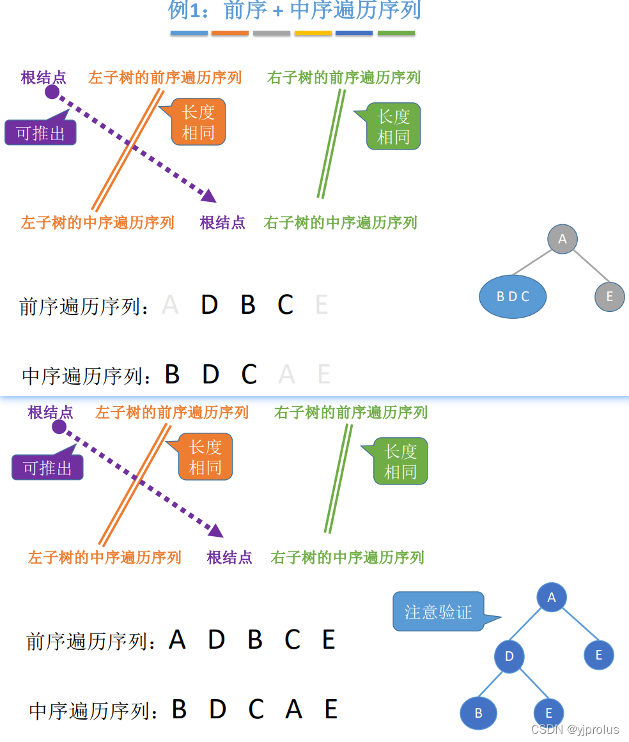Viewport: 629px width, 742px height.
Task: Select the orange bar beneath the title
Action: pyautogui.click(x=229, y=33)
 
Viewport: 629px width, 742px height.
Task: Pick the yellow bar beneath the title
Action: pyautogui.click(x=313, y=33)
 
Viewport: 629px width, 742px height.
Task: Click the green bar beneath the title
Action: pyautogui.click(x=396, y=33)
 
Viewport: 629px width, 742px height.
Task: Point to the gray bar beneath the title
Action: pyautogui.click(x=272, y=33)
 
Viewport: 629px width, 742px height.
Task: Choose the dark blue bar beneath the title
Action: pyautogui.click(x=354, y=33)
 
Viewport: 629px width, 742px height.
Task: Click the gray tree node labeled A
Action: pyautogui.click(x=563, y=239)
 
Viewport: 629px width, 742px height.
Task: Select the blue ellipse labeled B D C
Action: pyautogui.click(x=513, y=297)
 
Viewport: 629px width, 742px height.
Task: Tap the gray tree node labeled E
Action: pyautogui.click(x=609, y=297)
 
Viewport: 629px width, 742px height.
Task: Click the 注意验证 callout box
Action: pyautogui.click(x=439, y=612)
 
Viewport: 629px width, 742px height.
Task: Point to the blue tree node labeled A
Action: pyautogui.click(x=552, y=598)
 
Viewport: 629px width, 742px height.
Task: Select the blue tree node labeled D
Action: pyautogui.click(x=509, y=656)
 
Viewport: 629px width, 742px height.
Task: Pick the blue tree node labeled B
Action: pyautogui.click(x=478, y=713)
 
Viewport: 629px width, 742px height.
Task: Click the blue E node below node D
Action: pyautogui.click(x=548, y=713)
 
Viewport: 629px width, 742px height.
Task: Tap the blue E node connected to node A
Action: pyautogui.click(x=599, y=655)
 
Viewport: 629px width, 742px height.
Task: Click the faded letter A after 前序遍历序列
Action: pyautogui.click(x=170, y=305)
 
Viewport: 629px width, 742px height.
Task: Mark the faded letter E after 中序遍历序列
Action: pyautogui.click(x=324, y=375)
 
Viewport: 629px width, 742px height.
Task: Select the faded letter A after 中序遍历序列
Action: pyautogui.click(x=287, y=375)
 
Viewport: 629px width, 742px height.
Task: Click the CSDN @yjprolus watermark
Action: pyautogui.click(x=575, y=729)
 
